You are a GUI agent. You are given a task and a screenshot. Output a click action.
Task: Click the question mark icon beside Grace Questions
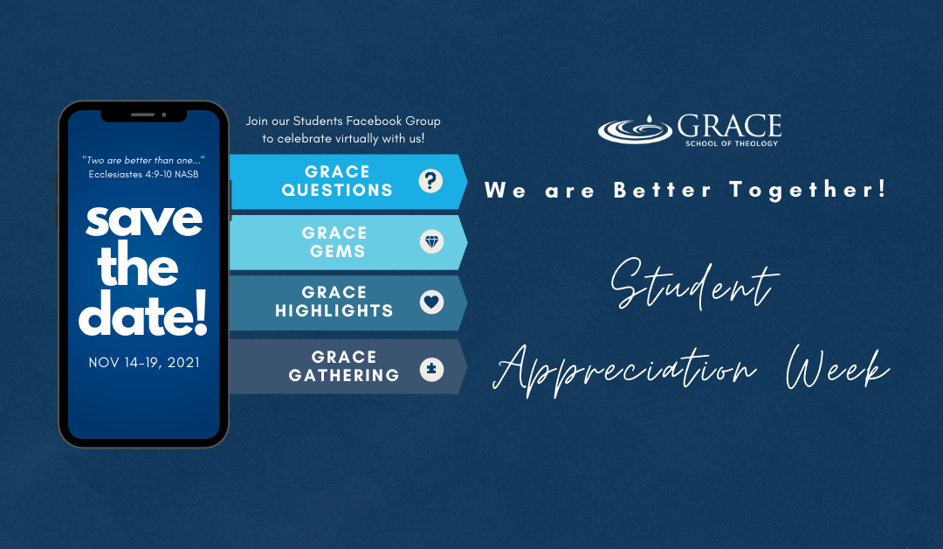(x=430, y=181)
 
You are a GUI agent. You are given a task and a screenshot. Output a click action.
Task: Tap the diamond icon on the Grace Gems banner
(x=432, y=241)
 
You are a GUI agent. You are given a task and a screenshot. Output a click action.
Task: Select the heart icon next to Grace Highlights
(x=432, y=302)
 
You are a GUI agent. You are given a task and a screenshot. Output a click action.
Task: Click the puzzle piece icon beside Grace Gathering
(x=431, y=369)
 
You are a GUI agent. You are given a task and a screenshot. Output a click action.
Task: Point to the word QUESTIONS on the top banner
(x=337, y=191)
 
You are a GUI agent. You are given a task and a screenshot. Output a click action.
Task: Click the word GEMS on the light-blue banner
(x=337, y=251)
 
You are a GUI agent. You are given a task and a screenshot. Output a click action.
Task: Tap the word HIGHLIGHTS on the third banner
(x=334, y=310)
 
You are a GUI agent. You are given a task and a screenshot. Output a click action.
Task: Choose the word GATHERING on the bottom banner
(x=344, y=376)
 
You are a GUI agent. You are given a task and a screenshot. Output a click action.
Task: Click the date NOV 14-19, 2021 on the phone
(x=144, y=363)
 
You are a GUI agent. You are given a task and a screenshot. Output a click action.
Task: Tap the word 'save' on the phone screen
(x=144, y=221)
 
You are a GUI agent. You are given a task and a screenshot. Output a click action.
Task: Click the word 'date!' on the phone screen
(x=143, y=314)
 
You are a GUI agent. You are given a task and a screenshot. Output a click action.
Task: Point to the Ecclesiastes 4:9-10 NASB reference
(x=144, y=174)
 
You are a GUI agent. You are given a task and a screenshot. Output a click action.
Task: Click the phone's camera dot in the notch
(x=163, y=115)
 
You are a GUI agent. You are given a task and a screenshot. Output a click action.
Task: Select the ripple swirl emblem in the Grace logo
(x=635, y=129)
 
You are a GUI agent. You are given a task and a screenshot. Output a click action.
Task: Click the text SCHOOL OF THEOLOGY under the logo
(x=732, y=143)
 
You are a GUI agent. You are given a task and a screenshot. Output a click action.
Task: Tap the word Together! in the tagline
(x=808, y=190)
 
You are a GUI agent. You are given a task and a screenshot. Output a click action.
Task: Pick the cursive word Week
(x=837, y=367)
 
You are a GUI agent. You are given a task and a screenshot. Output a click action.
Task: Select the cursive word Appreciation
(x=624, y=370)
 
